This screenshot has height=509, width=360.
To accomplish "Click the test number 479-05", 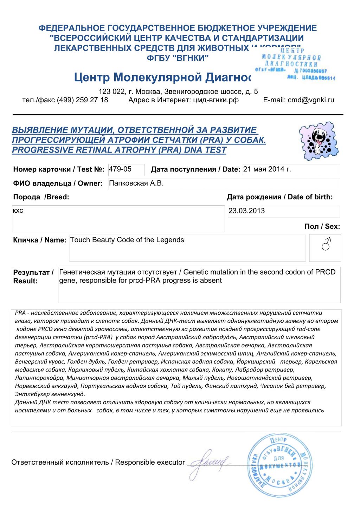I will (x=120, y=169).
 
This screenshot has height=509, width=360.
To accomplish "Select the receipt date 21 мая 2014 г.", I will (x=267, y=169).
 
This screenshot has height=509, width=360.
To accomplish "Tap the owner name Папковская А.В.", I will (x=136, y=183).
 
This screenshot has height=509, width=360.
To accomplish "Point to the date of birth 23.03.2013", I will (x=247, y=211).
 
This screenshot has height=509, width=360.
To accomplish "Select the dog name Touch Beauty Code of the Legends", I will (x=127, y=240).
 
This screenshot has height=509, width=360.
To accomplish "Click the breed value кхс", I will (x=18, y=211).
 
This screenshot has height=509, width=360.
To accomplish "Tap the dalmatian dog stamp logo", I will (x=319, y=141).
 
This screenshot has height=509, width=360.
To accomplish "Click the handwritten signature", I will (x=209, y=463).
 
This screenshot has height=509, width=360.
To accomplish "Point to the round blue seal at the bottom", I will (x=279, y=465).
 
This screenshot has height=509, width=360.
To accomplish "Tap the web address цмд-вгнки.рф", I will (x=216, y=100).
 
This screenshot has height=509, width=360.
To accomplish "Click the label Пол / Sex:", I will (x=322, y=226).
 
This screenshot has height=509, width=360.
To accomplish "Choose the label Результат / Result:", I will (x=33, y=277).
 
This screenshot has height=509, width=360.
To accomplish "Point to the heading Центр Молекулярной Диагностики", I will (x=162, y=77).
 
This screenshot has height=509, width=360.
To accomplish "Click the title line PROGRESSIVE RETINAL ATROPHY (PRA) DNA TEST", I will (x=119, y=150).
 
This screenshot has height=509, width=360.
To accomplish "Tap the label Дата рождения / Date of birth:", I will (x=279, y=197).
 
